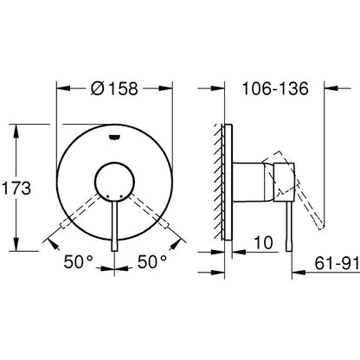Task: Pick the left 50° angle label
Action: (77, 260)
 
